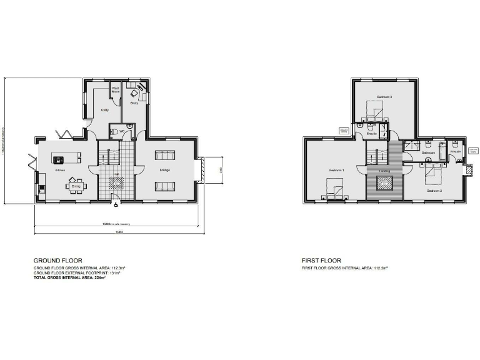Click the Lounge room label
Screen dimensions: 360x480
[165, 169]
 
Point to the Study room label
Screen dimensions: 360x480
[134, 103]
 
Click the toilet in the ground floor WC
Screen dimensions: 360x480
[114, 131]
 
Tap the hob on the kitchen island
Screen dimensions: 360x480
[61, 159]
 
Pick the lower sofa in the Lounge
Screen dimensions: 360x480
[165, 186]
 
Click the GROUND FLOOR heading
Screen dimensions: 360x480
[57, 260]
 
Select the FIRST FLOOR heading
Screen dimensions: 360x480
[321, 260]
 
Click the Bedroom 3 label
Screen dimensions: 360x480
[384, 97]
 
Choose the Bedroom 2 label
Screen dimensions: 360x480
[434, 191]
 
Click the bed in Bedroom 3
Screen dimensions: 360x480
[374, 114]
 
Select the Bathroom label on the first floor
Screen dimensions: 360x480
[428, 152]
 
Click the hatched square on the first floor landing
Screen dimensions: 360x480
[384, 182]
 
